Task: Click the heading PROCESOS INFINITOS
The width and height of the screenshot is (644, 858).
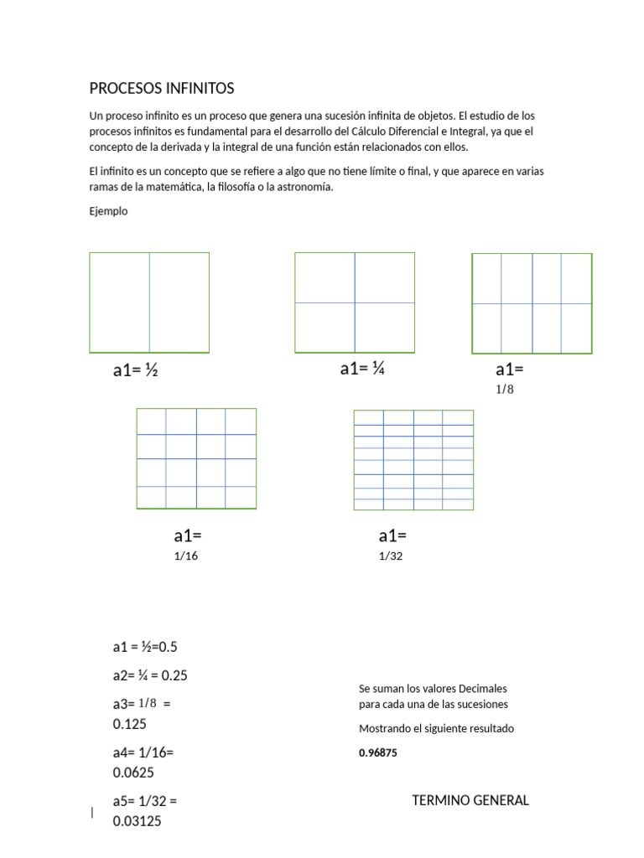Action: click(x=162, y=88)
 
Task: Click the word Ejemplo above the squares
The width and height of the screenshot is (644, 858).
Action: click(x=108, y=211)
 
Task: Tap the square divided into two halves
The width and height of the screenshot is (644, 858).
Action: click(x=149, y=302)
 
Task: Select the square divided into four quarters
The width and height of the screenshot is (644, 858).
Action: click(x=355, y=302)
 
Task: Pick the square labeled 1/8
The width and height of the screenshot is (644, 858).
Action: click(x=532, y=303)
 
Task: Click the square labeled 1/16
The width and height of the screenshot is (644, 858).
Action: click(x=196, y=458)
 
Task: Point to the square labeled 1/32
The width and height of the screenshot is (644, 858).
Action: click(x=413, y=459)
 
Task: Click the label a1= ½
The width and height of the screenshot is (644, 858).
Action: click(x=136, y=370)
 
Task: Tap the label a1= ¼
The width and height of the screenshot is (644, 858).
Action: click(x=362, y=369)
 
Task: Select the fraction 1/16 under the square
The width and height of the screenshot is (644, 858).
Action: click(x=186, y=556)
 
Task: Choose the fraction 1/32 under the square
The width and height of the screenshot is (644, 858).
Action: click(x=391, y=556)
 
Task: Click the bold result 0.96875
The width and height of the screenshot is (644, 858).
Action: click(x=378, y=753)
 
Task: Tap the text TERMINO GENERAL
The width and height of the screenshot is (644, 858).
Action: click(x=470, y=800)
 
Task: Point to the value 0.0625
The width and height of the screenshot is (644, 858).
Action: click(x=133, y=773)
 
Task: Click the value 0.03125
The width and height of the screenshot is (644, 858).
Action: click(x=138, y=821)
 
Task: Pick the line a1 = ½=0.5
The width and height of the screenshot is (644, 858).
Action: click(x=145, y=647)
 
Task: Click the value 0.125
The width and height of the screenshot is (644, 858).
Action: click(x=130, y=724)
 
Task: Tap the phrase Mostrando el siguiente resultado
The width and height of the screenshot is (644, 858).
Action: click(x=436, y=728)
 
